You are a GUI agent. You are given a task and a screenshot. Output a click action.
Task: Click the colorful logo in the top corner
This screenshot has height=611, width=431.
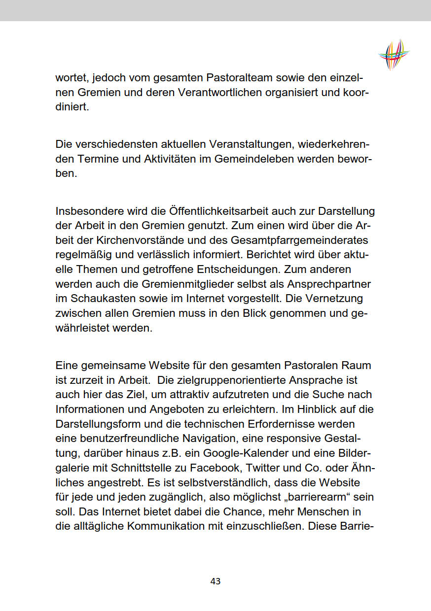pos(394,54)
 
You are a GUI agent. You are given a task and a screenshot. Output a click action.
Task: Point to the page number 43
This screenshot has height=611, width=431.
pos(215,581)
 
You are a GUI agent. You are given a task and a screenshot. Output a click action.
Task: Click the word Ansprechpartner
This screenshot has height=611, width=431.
pos(324,284)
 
